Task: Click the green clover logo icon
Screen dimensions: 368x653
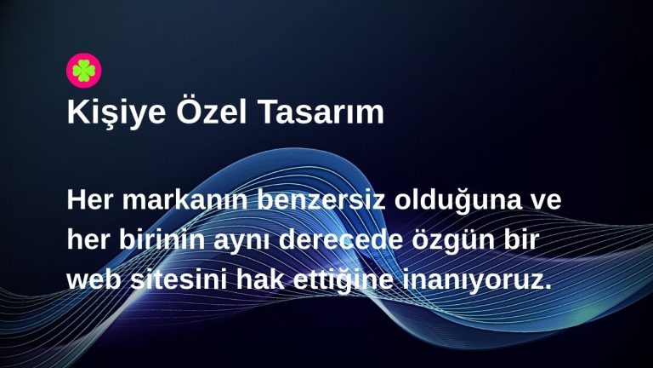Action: (x=84, y=71)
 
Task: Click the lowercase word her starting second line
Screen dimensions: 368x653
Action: (x=89, y=242)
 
